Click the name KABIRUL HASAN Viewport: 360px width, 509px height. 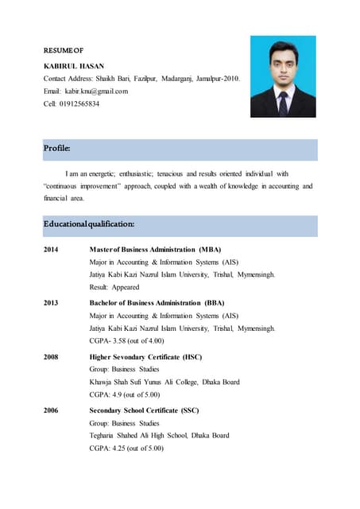[x=72, y=65]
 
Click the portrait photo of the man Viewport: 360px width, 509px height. [x=283, y=76]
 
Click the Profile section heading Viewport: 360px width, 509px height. [x=57, y=149]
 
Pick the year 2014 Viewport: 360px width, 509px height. [x=52, y=250]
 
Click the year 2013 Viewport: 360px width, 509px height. [x=52, y=303]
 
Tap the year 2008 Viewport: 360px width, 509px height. [x=52, y=357]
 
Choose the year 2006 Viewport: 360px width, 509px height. [x=52, y=410]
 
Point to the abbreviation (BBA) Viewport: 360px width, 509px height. [x=214, y=303]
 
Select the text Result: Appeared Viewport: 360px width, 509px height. [x=114, y=287]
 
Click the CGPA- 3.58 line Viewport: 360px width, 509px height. [x=126, y=340]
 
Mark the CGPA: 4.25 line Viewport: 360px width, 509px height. [x=126, y=448]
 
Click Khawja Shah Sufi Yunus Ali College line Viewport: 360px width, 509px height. [x=165, y=382]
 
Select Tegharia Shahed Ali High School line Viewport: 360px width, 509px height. [x=159, y=435]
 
